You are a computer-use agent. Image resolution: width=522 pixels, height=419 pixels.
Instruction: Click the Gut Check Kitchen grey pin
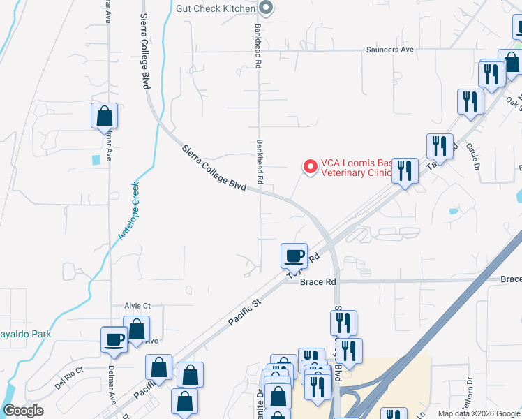[x=266, y=8]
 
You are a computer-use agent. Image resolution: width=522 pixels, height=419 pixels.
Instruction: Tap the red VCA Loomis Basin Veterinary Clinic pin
[x=309, y=167]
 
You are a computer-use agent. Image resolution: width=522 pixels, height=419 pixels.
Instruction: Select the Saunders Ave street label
[x=391, y=50]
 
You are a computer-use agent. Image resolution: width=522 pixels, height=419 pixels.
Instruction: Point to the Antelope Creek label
[x=130, y=211]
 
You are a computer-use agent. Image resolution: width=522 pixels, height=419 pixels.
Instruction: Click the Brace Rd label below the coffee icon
[x=318, y=282]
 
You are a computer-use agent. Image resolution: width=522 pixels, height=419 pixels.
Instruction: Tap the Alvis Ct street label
[x=137, y=306]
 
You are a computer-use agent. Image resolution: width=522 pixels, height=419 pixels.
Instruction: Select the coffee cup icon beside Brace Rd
[x=294, y=255]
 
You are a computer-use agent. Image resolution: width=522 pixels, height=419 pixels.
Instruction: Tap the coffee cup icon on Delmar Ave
[x=114, y=339]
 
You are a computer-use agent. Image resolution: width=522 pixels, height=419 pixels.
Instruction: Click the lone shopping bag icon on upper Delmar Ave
[x=104, y=115]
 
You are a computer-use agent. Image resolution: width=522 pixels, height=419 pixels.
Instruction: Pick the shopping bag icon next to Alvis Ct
[x=137, y=329]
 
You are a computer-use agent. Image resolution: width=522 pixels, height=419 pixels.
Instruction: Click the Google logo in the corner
[x=24, y=411]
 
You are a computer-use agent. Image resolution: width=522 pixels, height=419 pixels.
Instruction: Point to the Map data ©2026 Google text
[x=479, y=413]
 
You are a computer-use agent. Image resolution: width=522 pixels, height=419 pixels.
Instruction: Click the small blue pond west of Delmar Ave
[x=96, y=160]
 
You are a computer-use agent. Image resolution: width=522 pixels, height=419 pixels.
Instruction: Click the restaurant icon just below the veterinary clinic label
[x=405, y=170]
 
